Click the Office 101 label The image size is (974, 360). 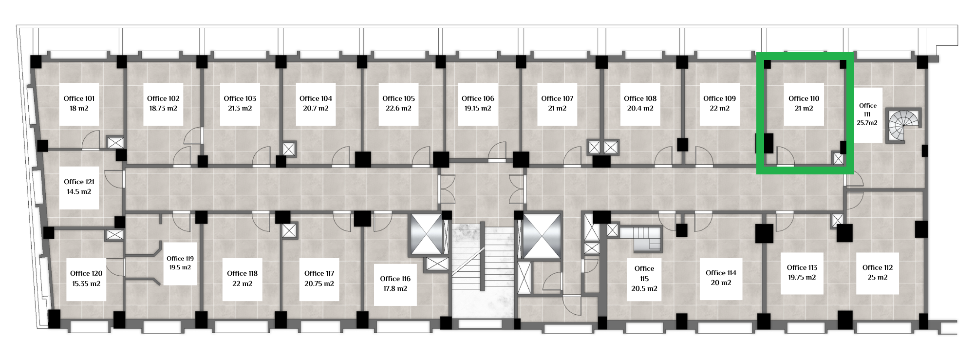point(79,98)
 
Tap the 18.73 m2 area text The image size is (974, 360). point(163,109)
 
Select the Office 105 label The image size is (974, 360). point(398,98)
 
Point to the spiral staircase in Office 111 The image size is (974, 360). point(904,126)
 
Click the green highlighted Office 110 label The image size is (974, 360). point(804,98)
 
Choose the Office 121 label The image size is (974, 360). point(79,182)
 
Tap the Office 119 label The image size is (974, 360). point(180,259)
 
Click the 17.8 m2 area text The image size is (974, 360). point(395,288)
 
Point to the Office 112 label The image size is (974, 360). point(878,267)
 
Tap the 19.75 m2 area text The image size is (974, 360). point(802,278)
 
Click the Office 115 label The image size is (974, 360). point(644,273)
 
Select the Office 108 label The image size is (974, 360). point(640,98)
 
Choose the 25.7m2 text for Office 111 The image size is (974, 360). point(867,123)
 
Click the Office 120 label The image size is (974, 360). point(86,273)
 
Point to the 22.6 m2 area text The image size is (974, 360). point(398,109)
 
